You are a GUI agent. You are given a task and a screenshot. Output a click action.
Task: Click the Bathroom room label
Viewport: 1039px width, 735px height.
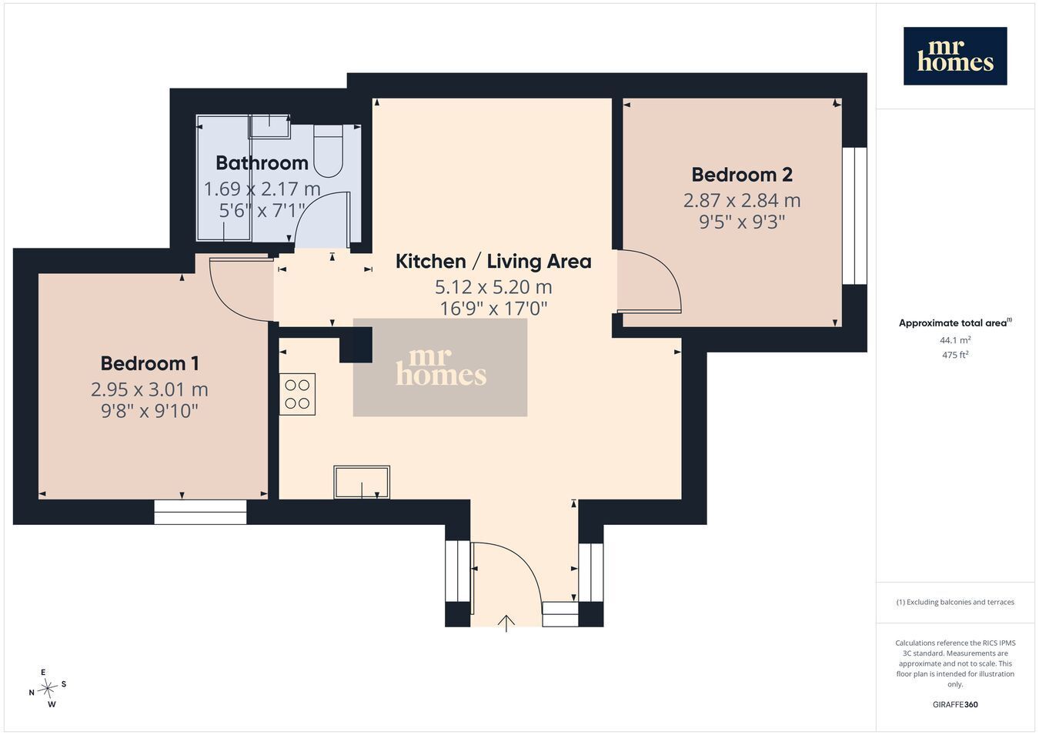pos(262,162)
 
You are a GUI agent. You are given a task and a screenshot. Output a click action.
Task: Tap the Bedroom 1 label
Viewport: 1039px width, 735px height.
pos(150,363)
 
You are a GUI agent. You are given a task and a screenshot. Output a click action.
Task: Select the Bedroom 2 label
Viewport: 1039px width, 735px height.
pos(742,175)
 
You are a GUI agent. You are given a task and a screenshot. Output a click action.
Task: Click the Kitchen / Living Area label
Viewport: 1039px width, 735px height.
pos(493,262)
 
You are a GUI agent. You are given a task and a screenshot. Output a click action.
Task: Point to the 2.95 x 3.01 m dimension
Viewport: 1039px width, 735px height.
pos(149,389)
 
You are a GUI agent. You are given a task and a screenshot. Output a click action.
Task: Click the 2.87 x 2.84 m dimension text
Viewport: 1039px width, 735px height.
pos(742,200)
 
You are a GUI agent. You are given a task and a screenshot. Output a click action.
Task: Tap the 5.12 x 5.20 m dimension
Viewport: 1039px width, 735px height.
pos(493,287)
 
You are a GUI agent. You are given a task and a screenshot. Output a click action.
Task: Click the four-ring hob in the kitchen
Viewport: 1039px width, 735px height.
pos(297,394)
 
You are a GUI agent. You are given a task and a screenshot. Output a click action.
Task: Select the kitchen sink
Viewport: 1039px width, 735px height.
pos(362,483)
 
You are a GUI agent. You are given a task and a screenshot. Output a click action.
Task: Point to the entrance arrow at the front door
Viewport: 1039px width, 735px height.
pos(506,623)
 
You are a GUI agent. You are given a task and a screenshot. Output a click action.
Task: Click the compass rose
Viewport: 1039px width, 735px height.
pos(47,689)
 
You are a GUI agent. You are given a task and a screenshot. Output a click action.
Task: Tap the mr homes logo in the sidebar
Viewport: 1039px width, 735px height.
pos(955,56)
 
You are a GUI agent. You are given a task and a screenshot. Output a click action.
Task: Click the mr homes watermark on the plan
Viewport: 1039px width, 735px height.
pos(440,367)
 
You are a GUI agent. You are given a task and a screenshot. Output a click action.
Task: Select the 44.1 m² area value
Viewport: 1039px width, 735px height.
pos(955,340)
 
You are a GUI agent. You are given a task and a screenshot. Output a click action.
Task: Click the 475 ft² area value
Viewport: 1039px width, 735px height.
pos(955,355)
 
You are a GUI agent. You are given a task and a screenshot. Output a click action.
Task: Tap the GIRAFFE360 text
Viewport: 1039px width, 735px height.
pos(955,704)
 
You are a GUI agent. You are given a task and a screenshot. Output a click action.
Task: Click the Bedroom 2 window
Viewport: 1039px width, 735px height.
pos(854,216)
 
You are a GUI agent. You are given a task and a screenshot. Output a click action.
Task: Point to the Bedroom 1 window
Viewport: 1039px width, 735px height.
pos(200,512)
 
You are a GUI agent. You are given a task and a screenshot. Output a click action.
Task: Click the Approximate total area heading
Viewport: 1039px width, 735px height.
pos(955,322)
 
